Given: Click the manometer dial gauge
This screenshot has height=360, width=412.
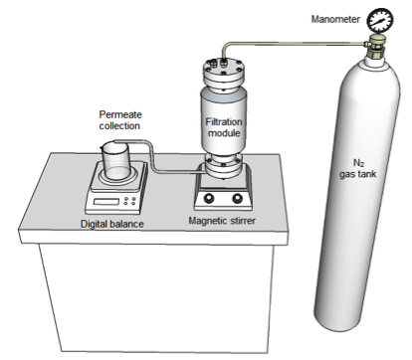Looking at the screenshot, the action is pos(380,20).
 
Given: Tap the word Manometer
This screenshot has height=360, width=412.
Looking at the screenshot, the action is pos(335,19).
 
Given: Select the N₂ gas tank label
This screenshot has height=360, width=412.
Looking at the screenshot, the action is pos(357,168).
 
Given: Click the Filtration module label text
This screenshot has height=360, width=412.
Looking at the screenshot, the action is pos(224,127).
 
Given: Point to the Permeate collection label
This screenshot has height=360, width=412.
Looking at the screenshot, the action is pos(120,120).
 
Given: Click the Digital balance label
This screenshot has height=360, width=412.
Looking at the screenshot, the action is pos(112,224).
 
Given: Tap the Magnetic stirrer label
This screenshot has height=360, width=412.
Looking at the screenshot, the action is pos(222,221).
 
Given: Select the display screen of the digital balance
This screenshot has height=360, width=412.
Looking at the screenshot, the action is pos(106,201).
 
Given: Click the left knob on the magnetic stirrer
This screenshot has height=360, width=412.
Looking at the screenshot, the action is pos(209,198).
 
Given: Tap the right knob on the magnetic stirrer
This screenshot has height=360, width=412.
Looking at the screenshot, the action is pos(237,198).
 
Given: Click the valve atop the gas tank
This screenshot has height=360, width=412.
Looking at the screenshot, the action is pos(375,48).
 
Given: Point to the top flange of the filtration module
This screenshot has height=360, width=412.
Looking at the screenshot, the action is pos(223,73).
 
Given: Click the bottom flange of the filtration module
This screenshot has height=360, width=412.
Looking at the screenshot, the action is pos(223,165).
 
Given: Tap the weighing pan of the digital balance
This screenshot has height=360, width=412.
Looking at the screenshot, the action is pos(118,177).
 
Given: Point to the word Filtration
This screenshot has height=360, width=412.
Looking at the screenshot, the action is pos(224,121).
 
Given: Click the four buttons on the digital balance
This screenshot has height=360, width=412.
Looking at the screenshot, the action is pos(129,201).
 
